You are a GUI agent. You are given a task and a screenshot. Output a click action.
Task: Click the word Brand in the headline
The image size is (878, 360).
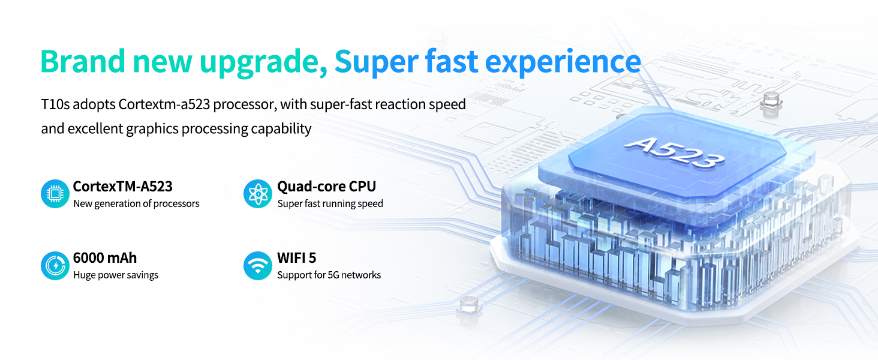click(x=83, y=61)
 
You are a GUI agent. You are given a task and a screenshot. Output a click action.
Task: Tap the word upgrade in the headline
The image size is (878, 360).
click(x=263, y=63)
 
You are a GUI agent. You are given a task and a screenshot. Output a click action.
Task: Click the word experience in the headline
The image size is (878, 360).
click(x=563, y=63)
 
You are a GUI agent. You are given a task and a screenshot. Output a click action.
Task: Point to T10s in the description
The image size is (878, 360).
click(x=55, y=104)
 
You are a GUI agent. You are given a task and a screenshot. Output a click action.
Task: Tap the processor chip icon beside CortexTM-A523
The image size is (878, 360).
click(x=55, y=194)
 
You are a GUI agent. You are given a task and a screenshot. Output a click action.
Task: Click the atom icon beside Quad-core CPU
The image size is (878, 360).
click(x=257, y=194)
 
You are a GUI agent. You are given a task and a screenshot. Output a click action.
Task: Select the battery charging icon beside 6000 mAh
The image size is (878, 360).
click(x=55, y=265)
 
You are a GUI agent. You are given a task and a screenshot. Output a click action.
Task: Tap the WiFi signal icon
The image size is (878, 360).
click(x=257, y=265)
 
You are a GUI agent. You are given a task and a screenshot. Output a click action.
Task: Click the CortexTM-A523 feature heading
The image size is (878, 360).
click(x=123, y=186)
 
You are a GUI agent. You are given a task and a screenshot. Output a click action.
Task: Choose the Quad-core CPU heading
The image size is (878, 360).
click(x=326, y=186)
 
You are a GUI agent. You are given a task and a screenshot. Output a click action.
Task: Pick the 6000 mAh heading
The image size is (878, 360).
click(x=105, y=257)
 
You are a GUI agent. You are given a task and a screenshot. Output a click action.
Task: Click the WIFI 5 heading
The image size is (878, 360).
click(x=296, y=257)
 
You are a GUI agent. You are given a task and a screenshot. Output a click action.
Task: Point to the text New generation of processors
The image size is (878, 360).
click(x=136, y=203)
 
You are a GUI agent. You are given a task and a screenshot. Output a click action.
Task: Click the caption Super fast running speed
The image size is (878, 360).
click(x=330, y=203)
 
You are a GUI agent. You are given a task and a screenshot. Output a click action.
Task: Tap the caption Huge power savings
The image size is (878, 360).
click(x=116, y=275)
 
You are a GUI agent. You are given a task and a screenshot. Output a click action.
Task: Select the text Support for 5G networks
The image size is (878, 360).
click(x=329, y=275)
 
